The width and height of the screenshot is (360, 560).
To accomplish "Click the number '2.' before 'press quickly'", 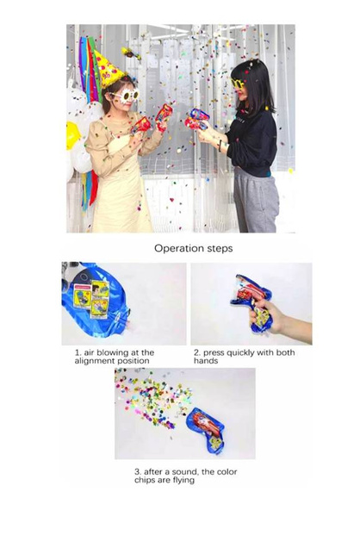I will click(x=196, y=352).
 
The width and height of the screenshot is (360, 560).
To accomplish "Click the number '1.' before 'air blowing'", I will click(x=77, y=352).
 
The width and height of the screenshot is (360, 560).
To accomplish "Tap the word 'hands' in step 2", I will click(x=205, y=360).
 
